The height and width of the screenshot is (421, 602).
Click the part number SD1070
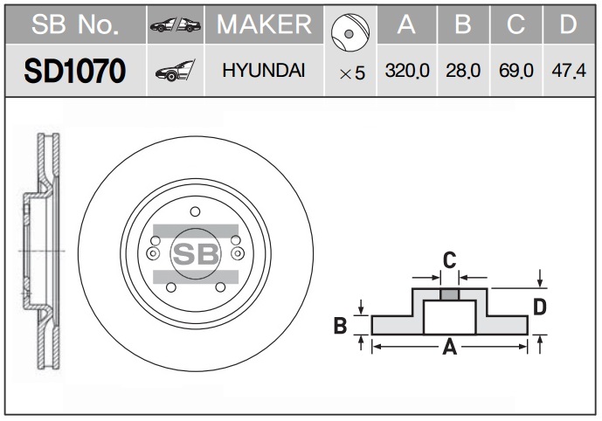click(x=73, y=72)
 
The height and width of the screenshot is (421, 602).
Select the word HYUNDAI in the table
click(x=263, y=72)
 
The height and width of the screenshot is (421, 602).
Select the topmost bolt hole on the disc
click(x=195, y=210)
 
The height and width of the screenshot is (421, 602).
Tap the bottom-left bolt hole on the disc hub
click(x=170, y=287)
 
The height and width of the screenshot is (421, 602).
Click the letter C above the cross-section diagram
click(x=449, y=259)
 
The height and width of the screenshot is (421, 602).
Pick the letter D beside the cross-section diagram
click(x=540, y=307)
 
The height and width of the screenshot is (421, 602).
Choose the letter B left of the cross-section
click(x=342, y=327)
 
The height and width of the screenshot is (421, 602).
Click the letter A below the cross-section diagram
click(x=450, y=349)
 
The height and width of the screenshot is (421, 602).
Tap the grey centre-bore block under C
click(x=449, y=294)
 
